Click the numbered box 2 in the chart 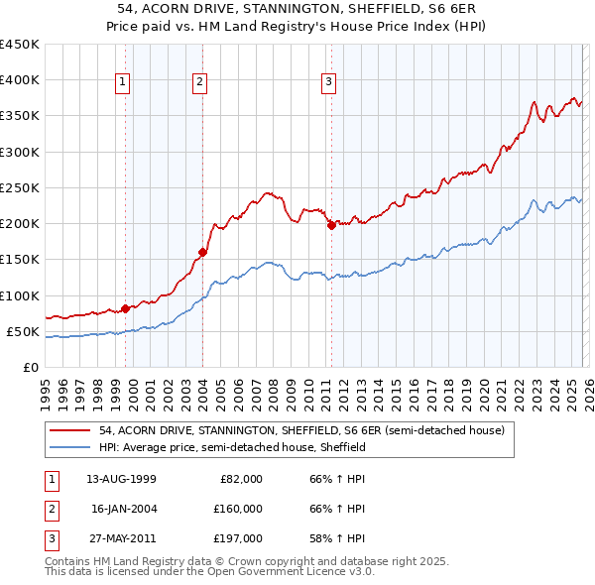coord(200,82)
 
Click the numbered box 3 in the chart coord(328,82)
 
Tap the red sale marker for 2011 coord(330,225)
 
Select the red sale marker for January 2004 coord(202,252)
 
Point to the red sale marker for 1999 coord(126,308)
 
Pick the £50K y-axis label coord(24,331)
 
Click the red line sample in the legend coord(69,430)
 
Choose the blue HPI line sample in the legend coord(69,447)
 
